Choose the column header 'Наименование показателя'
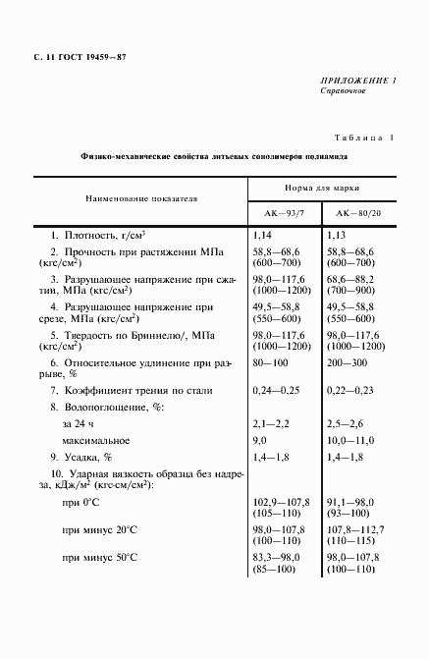pos(141,197)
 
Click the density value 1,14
pos(262,237)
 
